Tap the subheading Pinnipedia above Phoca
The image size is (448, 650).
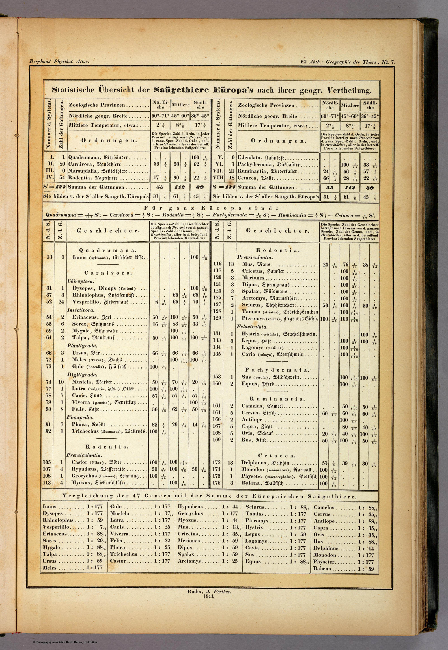pyautogui.click(x=80, y=417)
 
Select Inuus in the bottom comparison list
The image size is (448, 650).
pyautogui.click(x=50, y=507)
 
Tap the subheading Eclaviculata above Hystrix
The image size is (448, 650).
pyautogui.click(x=252, y=327)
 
